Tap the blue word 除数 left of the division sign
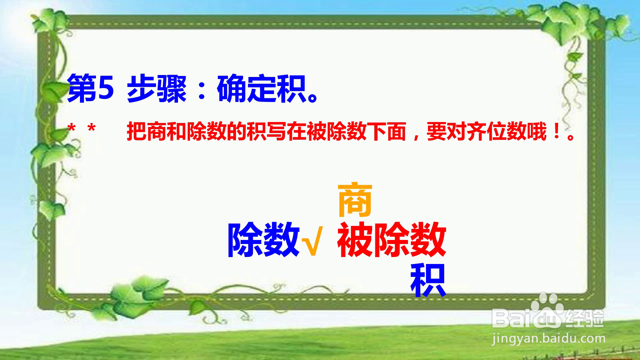[x=263, y=239]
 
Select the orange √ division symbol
[x=312, y=241]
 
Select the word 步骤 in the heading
[x=156, y=89]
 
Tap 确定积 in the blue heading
[x=262, y=89]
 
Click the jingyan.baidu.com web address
[x=548, y=339]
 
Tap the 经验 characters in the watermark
[x=585, y=319]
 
